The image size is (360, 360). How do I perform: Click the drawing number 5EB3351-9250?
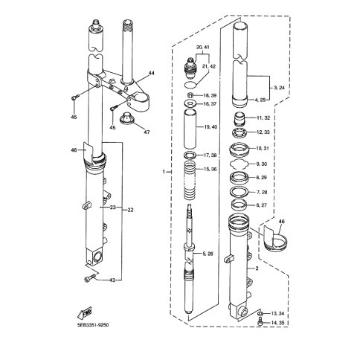pyautogui.click(x=93, y=325)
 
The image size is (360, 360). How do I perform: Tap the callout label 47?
pyautogui.click(x=147, y=132)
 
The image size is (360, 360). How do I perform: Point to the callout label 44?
pyautogui.click(x=151, y=73)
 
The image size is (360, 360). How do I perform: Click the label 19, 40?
pyautogui.click(x=210, y=127)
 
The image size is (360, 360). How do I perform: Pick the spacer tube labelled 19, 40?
pyautogui.click(x=190, y=129)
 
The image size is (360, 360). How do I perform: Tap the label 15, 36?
pyautogui.click(x=210, y=169)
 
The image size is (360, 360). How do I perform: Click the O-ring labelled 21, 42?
pyautogui.click(x=190, y=85)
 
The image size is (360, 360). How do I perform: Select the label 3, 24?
pyautogui.click(x=279, y=88)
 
